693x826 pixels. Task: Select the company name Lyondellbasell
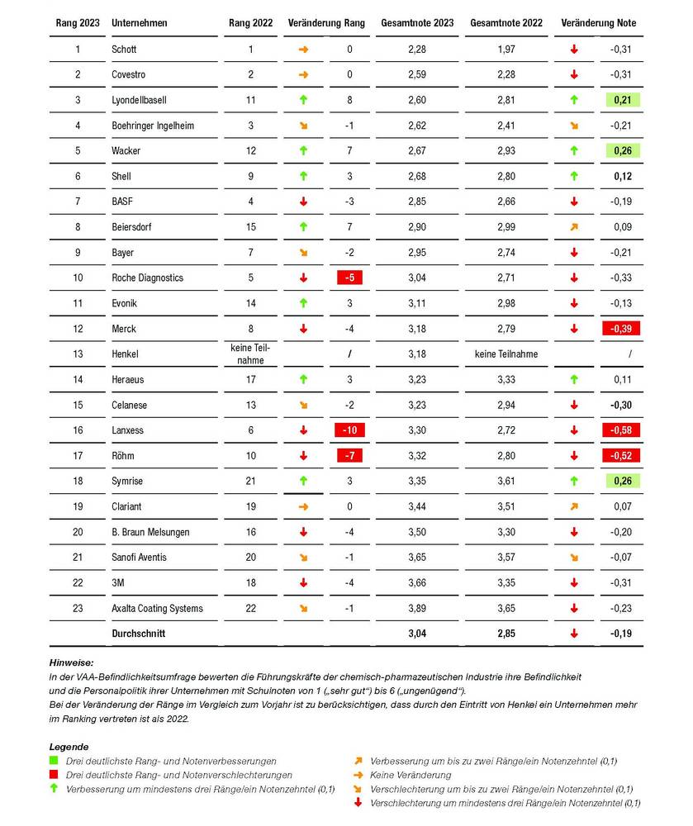point(139,100)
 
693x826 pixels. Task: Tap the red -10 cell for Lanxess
point(350,430)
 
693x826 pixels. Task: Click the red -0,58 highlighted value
point(620,430)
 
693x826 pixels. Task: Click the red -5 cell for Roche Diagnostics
point(350,278)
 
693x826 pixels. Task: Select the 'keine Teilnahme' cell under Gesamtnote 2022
point(506,354)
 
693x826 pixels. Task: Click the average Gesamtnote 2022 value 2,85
point(506,634)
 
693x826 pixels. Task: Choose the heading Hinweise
point(71,662)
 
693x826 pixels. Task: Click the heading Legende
point(69,746)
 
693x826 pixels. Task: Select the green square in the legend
point(55,761)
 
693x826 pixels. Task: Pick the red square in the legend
point(55,775)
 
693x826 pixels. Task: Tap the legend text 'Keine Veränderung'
point(410,775)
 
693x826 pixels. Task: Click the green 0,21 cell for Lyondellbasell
point(620,100)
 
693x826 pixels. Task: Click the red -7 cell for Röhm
point(350,456)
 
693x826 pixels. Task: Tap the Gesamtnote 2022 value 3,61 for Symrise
point(506,482)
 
